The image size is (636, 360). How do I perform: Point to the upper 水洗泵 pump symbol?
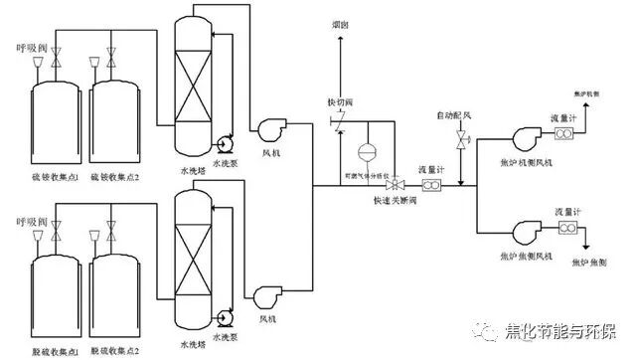point(222,141)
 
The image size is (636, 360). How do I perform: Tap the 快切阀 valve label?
point(341,101)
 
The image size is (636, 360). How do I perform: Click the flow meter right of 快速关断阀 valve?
point(433,185)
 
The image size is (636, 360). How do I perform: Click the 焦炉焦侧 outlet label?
point(590,262)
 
